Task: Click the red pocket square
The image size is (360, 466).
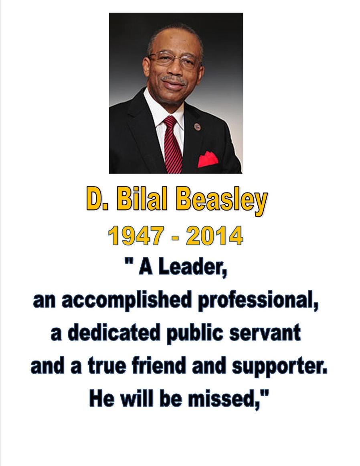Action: click(208, 159)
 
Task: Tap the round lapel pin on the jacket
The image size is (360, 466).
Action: click(197, 127)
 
